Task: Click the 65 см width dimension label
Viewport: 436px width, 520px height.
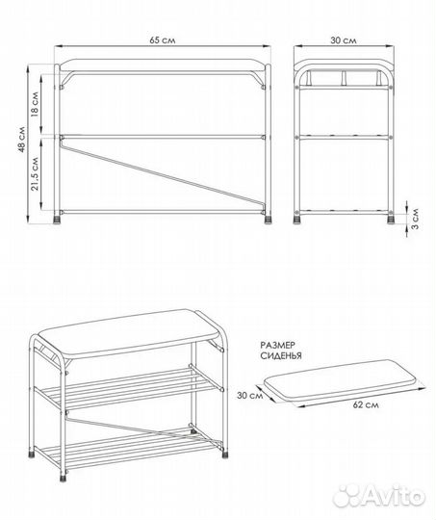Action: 162,40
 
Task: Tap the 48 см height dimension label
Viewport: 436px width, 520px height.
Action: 22,139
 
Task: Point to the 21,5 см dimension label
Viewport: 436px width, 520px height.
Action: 36,172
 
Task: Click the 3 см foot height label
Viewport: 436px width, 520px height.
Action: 415,219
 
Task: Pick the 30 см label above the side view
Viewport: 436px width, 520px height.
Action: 344,40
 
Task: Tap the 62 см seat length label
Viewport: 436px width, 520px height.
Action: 366,404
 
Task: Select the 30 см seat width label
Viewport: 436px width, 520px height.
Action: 249,396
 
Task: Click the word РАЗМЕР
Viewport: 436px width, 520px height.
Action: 277,346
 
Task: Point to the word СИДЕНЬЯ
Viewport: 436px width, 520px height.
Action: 281,356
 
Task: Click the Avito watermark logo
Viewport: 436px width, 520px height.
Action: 378,496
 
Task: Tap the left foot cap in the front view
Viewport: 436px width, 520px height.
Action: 58,221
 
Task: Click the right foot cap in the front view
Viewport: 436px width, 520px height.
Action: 268,221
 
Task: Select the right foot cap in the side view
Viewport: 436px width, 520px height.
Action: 391,221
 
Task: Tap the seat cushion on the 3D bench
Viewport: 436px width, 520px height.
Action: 129,333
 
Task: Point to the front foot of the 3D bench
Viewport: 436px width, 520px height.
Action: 63,478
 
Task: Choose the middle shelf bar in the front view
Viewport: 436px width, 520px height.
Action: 163,137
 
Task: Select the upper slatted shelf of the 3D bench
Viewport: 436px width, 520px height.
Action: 129,387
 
